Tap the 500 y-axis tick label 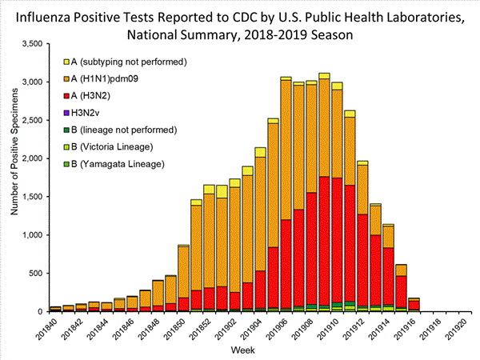[35, 274]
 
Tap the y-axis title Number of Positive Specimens [13, 177]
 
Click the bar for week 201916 [414, 305]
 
